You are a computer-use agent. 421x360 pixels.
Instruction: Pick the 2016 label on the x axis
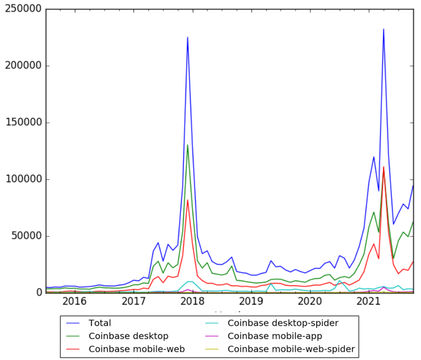(x=74, y=302)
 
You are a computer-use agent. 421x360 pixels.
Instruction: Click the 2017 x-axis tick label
(x=134, y=302)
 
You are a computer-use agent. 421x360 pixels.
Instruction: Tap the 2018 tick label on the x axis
(x=192, y=302)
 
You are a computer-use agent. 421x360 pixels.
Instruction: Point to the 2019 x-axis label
(x=251, y=302)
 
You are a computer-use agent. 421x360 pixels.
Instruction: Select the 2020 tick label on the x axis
(x=311, y=302)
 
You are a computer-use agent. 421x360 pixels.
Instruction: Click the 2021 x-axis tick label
(x=369, y=302)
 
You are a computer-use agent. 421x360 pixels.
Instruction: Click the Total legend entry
(x=100, y=324)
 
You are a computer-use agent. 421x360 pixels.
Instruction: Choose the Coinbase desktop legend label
(x=128, y=337)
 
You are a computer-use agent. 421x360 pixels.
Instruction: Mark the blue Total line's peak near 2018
(x=188, y=37)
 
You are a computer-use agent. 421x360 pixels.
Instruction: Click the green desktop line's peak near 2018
(x=188, y=145)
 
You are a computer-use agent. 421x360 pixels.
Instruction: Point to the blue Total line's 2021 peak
(x=384, y=29)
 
